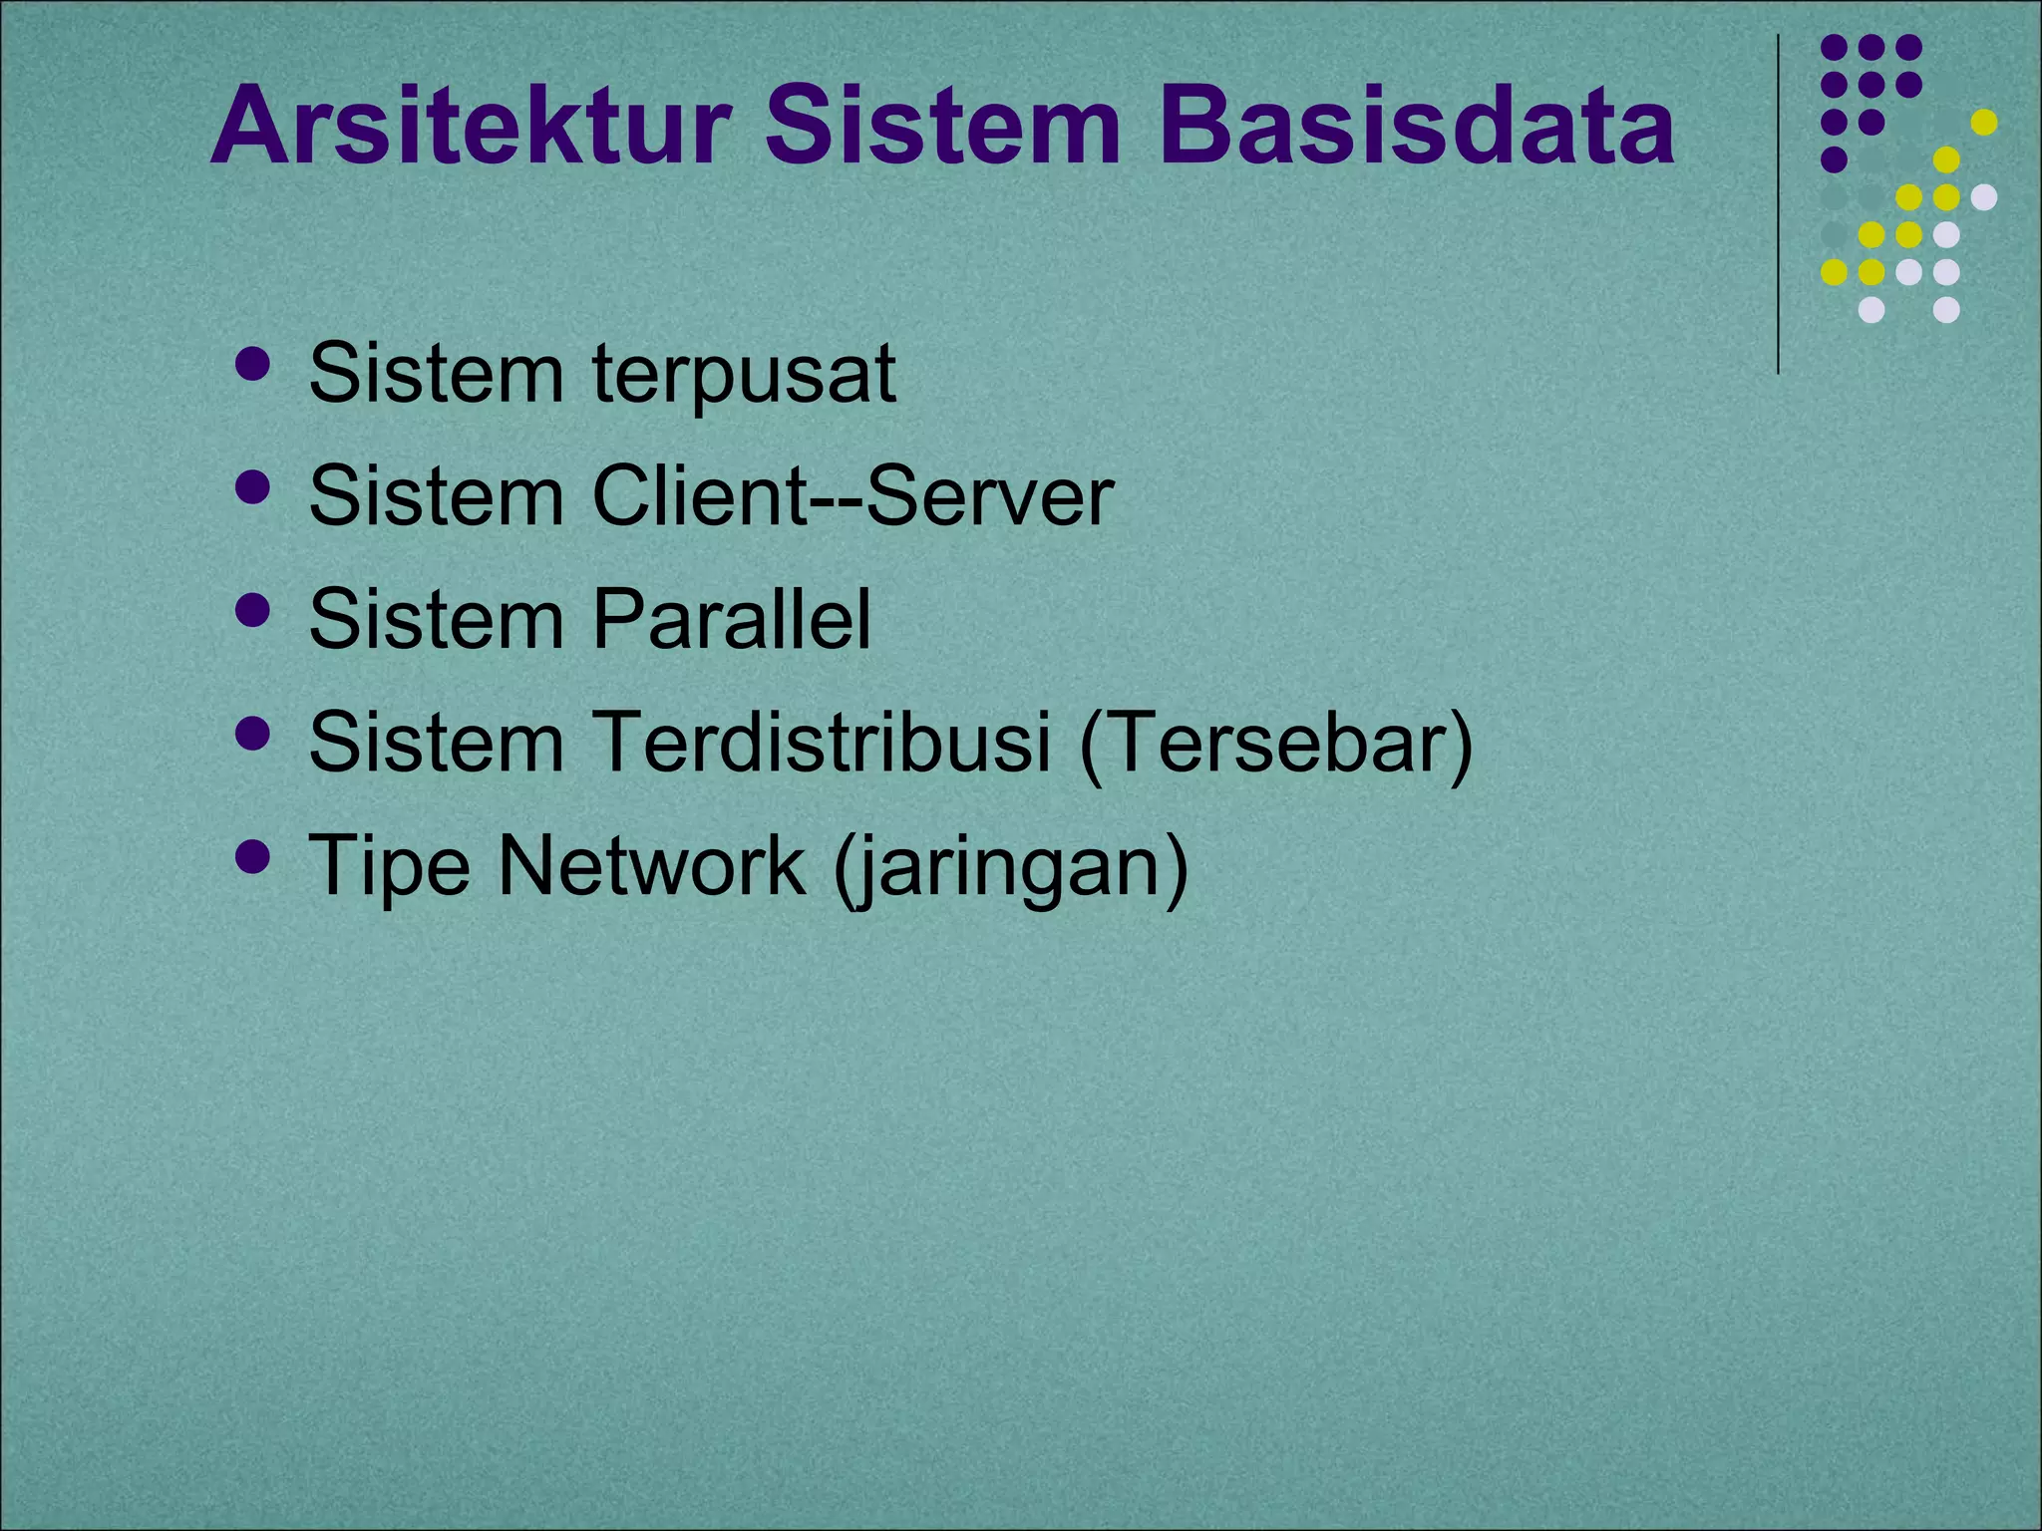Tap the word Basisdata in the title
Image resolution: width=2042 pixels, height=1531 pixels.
pos(1417,128)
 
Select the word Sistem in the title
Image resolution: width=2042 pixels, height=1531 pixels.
pos(942,128)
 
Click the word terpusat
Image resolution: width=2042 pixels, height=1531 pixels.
pos(744,374)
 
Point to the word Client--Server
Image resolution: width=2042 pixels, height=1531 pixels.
pos(852,496)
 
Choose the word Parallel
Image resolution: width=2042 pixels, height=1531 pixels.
pos(731,619)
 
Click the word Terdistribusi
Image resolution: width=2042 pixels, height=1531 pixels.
pos(822,742)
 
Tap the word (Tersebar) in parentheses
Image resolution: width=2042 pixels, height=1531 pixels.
pos(1275,744)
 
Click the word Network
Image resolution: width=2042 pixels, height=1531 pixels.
pos(651,864)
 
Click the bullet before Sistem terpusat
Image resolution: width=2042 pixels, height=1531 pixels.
pos(253,365)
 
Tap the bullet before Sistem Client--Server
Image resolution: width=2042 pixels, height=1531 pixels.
pos(253,487)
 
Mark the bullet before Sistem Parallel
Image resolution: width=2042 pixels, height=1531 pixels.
pos(253,610)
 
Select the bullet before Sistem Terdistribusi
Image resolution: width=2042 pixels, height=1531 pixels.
pos(253,734)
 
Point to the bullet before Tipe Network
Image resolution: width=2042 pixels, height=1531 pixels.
pos(253,856)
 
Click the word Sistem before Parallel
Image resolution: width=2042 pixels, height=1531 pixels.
pos(437,619)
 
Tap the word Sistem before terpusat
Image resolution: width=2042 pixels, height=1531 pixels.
pos(437,374)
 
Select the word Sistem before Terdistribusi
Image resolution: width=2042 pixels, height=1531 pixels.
pos(437,742)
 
